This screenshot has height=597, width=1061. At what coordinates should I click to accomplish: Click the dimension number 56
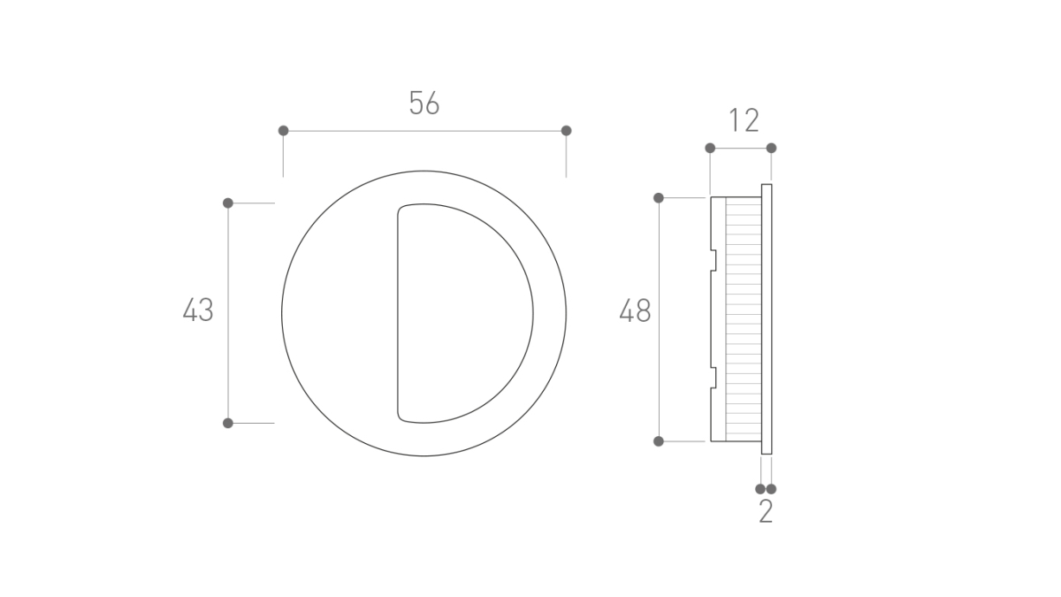(x=424, y=103)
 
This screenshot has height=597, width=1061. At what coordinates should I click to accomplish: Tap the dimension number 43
(x=198, y=310)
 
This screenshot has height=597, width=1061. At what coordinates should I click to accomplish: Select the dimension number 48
(x=635, y=310)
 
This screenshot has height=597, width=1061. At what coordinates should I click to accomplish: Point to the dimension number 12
(x=744, y=120)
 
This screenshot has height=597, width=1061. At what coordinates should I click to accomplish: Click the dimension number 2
(x=766, y=512)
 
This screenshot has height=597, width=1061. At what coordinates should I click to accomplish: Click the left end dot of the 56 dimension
(x=283, y=131)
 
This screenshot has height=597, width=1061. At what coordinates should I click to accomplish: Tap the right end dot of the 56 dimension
(x=566, y=131)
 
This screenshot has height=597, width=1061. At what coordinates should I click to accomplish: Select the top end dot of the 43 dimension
(x=228, y=203)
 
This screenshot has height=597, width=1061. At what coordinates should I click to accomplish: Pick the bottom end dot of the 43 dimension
(x=228, y=423)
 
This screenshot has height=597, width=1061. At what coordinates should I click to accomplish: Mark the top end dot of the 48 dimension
(x=659, y=198)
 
